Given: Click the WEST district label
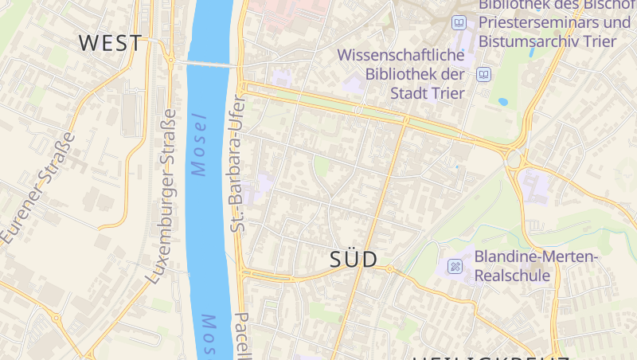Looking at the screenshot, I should (111, 42).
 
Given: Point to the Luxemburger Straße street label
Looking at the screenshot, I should (163, 196).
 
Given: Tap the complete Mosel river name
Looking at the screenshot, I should (199, 145).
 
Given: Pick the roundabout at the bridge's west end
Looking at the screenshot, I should (170, 58).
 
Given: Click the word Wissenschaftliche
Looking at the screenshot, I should (401, 56).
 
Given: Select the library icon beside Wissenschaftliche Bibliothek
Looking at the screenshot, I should (483, 75).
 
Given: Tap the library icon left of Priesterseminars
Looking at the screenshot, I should (459, 23).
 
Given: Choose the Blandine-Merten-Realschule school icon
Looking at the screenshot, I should (455, 266).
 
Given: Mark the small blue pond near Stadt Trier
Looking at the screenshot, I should (502, 102).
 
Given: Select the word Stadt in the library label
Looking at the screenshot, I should (409, 92).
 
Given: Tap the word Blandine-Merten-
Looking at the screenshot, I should (536, 257).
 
